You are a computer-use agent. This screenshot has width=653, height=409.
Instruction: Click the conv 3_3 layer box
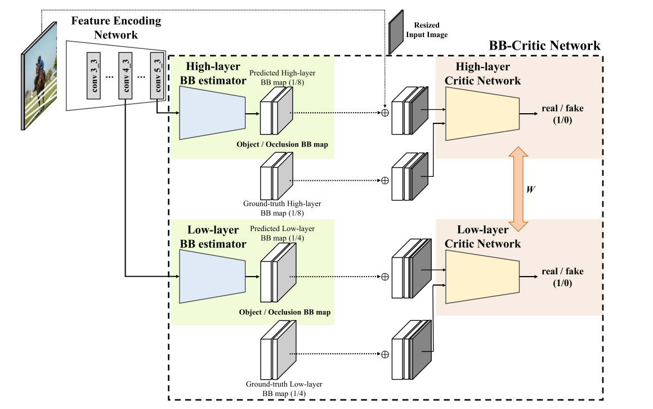pos(93,77)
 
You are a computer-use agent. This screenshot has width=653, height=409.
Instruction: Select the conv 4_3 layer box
pos(126,77)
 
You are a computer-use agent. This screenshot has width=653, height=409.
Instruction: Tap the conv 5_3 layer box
pos(156,77)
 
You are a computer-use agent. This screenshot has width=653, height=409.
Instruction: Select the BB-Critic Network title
pos(544,46)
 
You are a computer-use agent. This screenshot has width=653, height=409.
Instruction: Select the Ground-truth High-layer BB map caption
pos(282,208)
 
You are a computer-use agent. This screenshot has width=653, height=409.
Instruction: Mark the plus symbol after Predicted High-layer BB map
pos(385,112)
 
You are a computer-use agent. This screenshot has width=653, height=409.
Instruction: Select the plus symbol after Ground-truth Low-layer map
pos(385,354)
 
